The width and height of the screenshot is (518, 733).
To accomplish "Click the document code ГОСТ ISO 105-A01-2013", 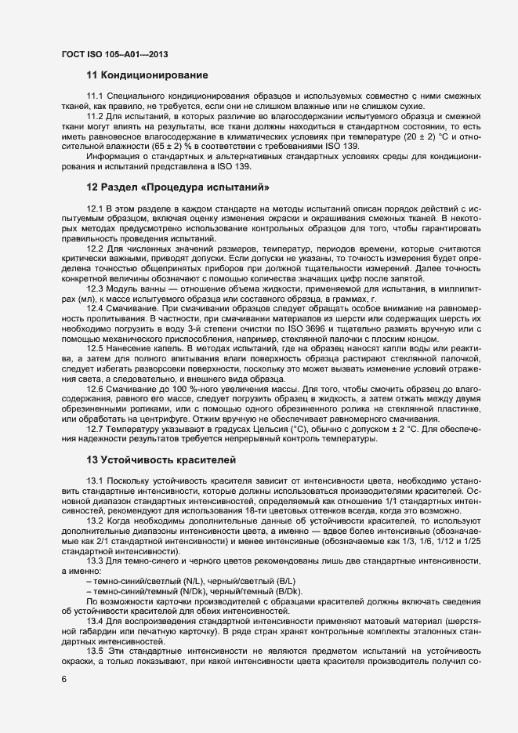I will pyautogui.click(x=114, y=54).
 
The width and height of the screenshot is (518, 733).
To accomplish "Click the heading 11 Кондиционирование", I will pyautogui.click(x=147, y=76).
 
